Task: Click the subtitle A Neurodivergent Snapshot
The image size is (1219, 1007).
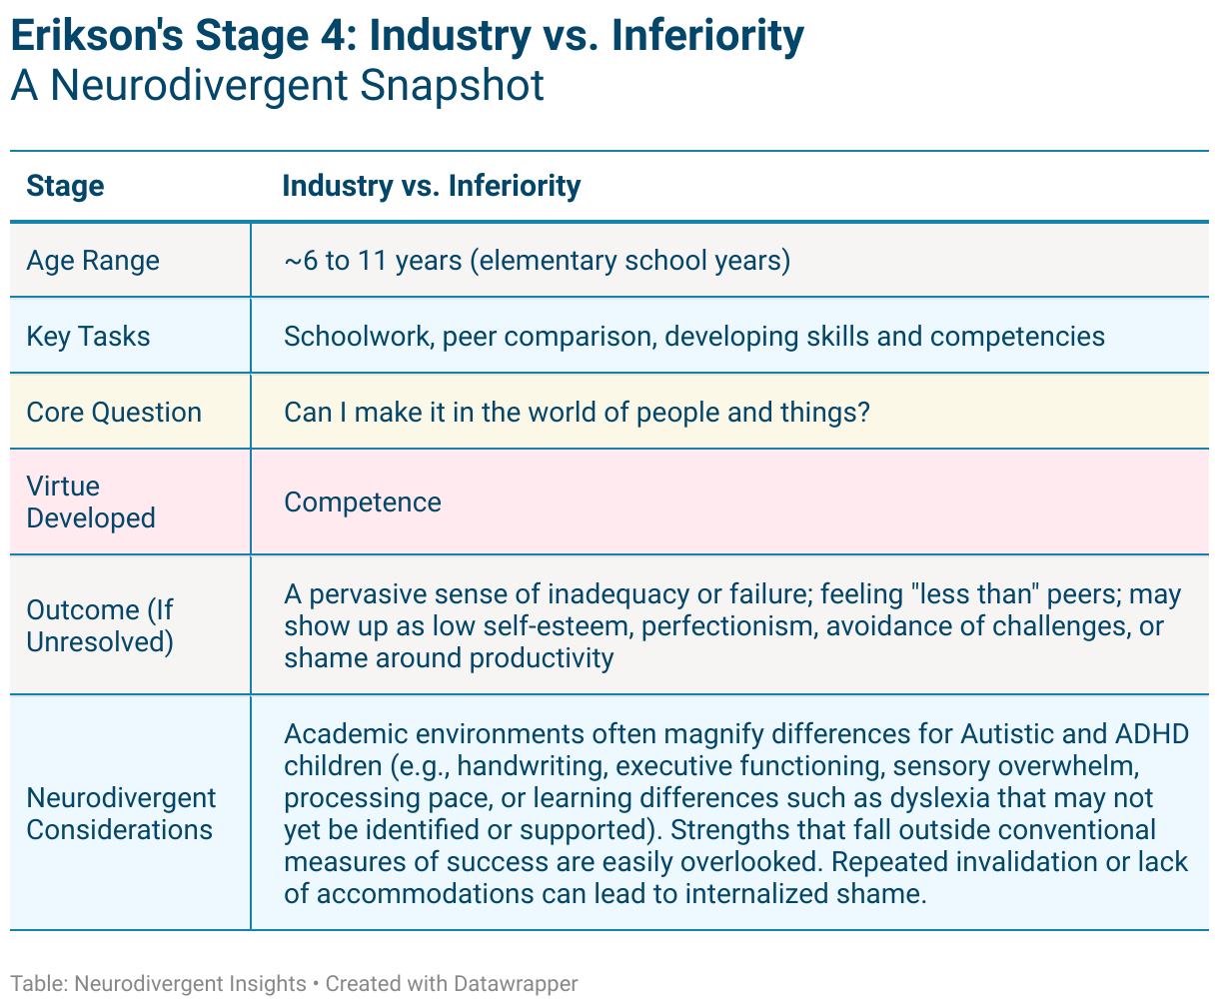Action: point(277,85)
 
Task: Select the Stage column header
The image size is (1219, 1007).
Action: point(65,187)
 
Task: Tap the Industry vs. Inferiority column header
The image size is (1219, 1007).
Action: point(431,187)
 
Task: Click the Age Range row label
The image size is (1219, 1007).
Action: point(93,261)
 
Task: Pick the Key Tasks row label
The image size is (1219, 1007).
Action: point(88,337)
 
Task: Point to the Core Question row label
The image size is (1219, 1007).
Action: point(114,413)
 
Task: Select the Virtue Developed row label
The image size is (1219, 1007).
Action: point(91,503)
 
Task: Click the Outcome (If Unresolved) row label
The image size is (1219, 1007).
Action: point(100,625)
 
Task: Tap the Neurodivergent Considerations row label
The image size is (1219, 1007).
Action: point(121,814)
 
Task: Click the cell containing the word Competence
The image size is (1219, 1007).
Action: point(362,502)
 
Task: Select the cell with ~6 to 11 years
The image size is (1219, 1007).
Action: point(537,261)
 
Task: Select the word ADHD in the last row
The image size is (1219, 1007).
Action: point(1149,735)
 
